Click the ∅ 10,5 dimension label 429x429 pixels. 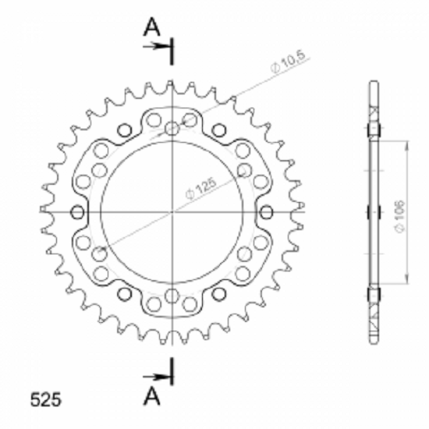288,62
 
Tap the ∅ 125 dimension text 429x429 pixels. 201,189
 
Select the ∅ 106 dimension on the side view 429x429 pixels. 400,217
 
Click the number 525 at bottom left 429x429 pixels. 46,399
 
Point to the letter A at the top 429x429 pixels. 151,27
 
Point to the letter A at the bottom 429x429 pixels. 151,397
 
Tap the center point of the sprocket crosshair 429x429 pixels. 172,211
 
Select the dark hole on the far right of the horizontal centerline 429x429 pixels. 266,212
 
